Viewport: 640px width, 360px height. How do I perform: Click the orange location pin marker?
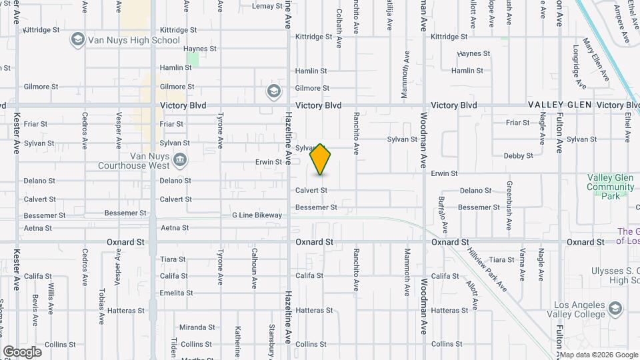point(321,159)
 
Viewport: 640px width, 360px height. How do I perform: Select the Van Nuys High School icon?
point(77,40)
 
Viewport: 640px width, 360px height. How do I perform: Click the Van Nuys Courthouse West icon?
point(179,160)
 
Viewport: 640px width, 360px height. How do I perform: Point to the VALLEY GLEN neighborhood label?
point(559,105)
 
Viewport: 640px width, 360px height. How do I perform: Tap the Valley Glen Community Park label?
point(610,187)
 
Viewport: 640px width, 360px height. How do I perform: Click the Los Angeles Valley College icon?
point(615,309)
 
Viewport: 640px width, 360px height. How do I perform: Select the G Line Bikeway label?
point(257,215)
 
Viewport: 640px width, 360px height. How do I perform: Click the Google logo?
point(22,352)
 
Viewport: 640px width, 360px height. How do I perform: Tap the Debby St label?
point(518,156)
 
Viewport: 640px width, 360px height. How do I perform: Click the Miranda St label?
point(197,327)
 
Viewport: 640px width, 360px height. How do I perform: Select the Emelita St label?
point(176,293)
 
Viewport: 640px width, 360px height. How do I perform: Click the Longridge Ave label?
point(577,67)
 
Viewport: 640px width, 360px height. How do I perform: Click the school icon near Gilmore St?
point(273,91)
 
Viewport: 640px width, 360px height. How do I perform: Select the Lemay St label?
point(267,6)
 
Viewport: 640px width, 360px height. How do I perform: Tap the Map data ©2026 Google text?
point(599,354)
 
